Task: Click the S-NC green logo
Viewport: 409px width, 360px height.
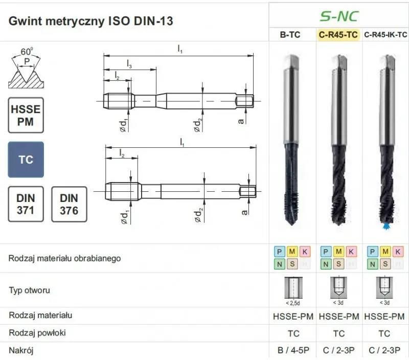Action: (x=339, y=16)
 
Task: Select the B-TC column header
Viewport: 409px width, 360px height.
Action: (x=292, y=35)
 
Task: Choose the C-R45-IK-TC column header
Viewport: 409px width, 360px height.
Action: (x=385, y=35)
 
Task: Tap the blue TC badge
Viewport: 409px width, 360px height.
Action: (x=26, y=160)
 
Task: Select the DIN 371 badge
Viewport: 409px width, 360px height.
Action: (x=26, y=204)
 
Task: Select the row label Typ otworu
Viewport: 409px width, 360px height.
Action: (x=29, y=290)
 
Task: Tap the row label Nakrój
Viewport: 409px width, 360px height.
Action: (x=21, y=350)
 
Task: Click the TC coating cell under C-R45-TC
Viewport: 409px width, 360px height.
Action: (x=339, y=333)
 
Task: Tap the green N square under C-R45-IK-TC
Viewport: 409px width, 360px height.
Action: (x=373, y=264)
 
